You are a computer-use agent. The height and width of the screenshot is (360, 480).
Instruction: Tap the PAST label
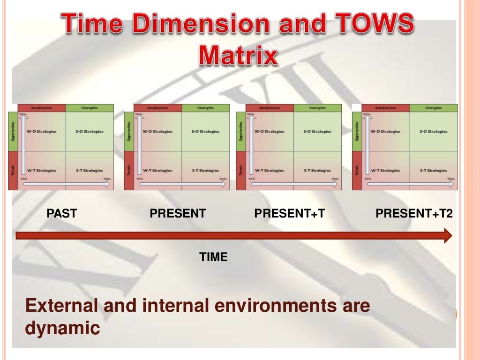point(62,214)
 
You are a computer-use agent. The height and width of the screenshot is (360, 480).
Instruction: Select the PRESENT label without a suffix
point(178,214)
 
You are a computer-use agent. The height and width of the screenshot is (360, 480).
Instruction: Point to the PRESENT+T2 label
point(414,214)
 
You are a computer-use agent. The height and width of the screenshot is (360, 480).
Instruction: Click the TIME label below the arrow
point(213,257)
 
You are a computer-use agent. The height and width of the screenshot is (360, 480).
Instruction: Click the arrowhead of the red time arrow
point(448,235)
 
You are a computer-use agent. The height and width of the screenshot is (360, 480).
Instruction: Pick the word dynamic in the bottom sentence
point(62,328)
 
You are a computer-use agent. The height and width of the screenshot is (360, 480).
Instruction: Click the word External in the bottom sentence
point(60,306)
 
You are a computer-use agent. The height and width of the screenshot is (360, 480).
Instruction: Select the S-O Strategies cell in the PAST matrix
point(90,131)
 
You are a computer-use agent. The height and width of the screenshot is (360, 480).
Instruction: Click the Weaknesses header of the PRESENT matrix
point(158,108)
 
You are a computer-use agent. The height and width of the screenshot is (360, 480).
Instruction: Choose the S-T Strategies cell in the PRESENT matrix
point(206,171)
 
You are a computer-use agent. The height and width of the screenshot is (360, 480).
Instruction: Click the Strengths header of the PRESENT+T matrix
point(317,108)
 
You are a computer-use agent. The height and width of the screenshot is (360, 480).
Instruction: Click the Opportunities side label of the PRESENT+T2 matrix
point(357,131)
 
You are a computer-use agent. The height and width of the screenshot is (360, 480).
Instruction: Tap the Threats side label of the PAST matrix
point(13,170)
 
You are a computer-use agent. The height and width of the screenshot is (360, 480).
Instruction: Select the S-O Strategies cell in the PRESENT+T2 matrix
point(434,131)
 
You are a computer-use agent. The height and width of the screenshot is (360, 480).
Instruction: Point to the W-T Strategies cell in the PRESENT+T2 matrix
point(386,171)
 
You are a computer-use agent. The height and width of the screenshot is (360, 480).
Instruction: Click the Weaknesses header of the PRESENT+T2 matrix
point(386,108)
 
